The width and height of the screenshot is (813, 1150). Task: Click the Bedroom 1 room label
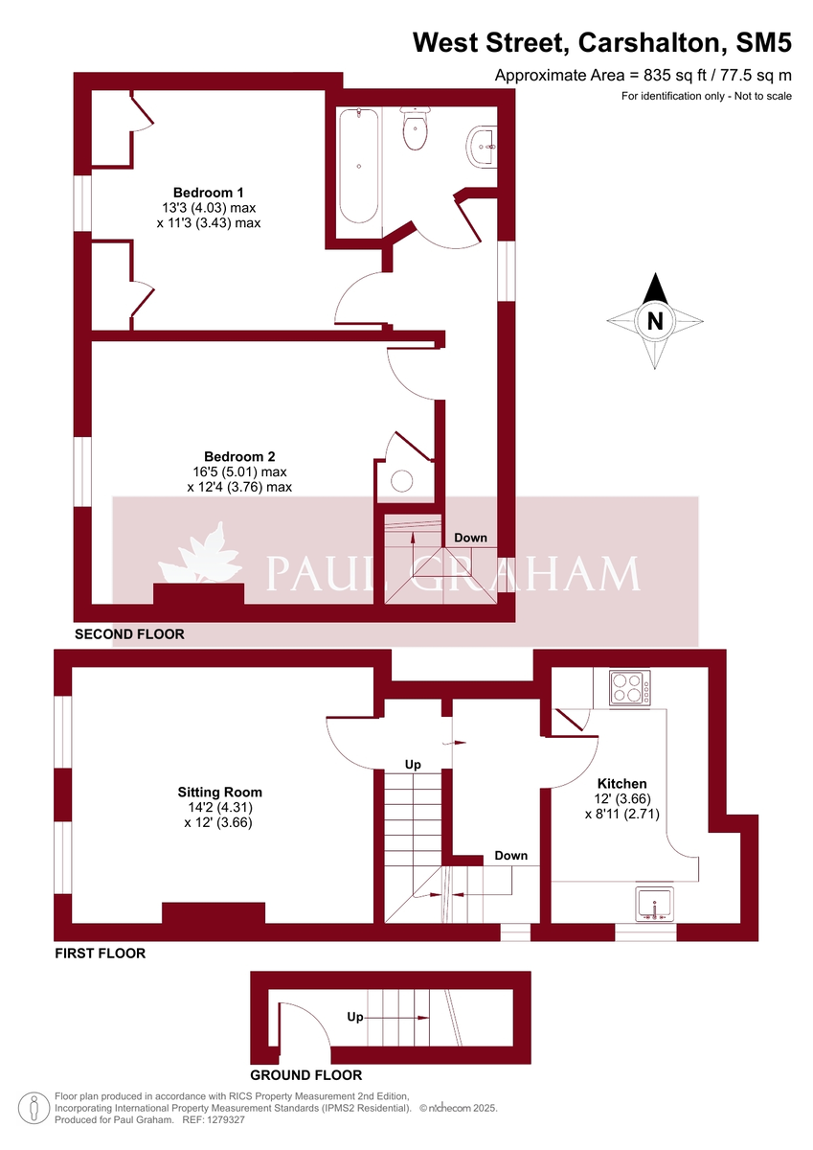pyautogui.click(x=208, y=192)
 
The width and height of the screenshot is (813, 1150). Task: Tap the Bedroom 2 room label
pyautogui.click(x=239, y=456)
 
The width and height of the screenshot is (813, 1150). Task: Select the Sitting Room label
pyautogui.click(x=219, y=793)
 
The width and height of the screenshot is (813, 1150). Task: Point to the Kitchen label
pyautogui.click(x=621, y=783)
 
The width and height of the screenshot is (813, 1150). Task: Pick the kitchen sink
pyautogui.click(x=654, y=904)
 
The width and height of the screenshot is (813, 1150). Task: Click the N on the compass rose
pyautogui.click(x=655, y=321)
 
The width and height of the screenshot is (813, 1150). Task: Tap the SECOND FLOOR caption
pyautogui.click(x=129, y=634)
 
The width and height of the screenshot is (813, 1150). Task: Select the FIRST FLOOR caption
pyautogui.click(x=100, y=954)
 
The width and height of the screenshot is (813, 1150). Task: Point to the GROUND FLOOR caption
pyautogui.click(x=305, y=1075)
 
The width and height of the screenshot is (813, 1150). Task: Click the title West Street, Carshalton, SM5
pyautogui.click(x=601, y=42)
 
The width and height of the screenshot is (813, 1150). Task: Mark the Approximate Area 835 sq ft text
pyautogui.click(x=643, y=76)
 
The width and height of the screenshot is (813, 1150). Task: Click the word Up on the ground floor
pyautogui.click(x=354, y=1017)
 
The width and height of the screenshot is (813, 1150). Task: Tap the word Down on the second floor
pyautogui.click(x=470, y=538)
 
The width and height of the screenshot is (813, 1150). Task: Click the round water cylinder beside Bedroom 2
pyautogui.click(x=400, y=480)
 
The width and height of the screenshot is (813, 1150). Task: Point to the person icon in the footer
pyautogui.click(x=34, y=1107)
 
